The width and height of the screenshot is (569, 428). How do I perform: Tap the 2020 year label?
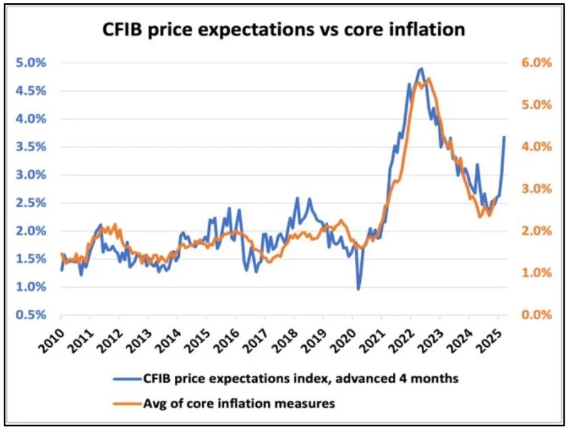[x=340, y=339]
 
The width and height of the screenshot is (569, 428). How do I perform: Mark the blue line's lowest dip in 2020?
[x=358, y=289]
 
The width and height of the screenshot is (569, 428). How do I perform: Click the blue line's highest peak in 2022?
[x=420, y=68]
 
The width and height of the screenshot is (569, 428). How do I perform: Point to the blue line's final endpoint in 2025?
[x=504, y=137]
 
